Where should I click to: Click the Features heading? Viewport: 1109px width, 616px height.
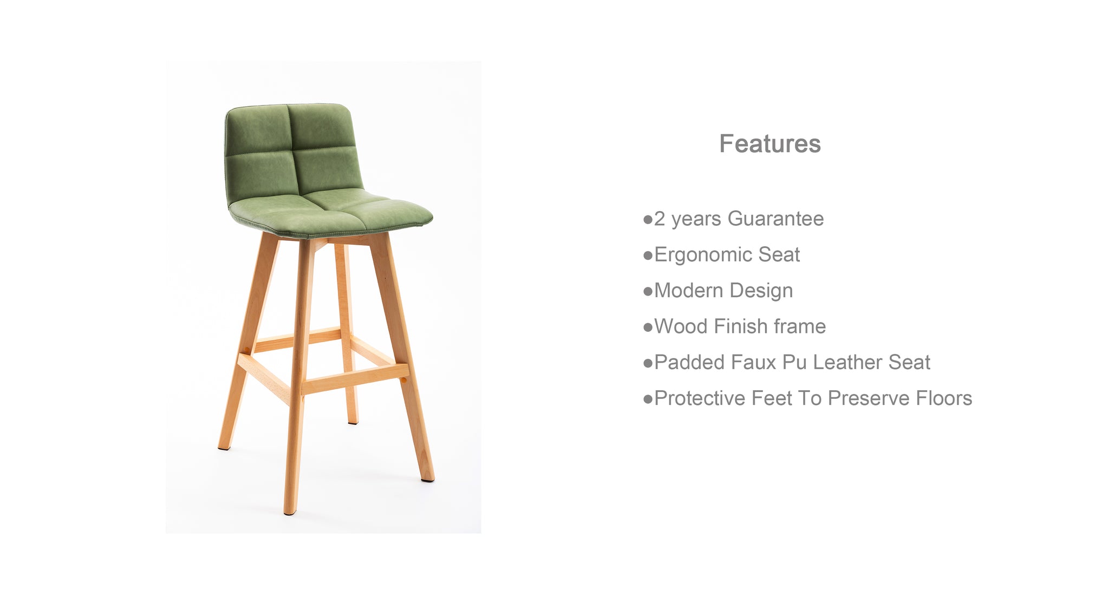769,144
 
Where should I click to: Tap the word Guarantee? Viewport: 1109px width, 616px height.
775,219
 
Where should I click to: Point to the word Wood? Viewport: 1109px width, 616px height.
681,326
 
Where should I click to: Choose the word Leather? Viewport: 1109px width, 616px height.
848,362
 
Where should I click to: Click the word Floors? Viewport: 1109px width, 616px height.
944,398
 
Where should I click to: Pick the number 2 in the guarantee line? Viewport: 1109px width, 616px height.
659,219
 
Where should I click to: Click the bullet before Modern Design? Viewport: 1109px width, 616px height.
648,292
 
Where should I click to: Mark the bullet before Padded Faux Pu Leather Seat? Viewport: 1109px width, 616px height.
648,363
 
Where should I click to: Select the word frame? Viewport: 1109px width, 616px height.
800,326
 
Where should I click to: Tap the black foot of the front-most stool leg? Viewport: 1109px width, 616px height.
290,512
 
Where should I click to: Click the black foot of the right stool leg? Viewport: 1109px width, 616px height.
428,479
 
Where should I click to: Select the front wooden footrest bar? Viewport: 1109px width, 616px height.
355,379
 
